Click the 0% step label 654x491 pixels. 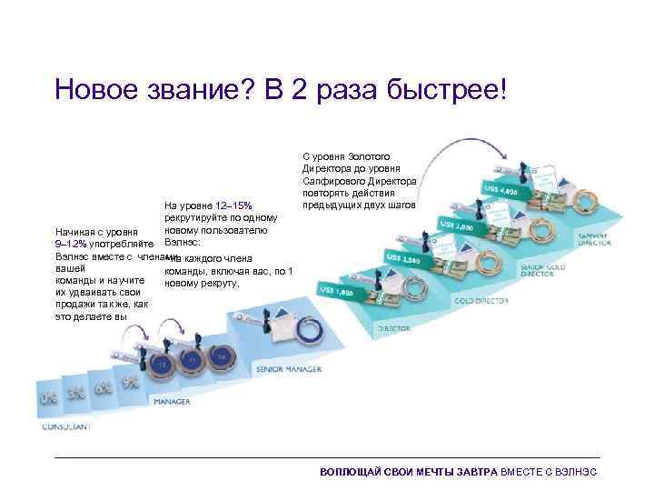pyautogui.click(x=46, y=399)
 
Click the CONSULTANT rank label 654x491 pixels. pyautogui.click(x=65, y=426)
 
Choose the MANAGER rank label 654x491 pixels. pyautogui.click(x=172, y=400)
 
